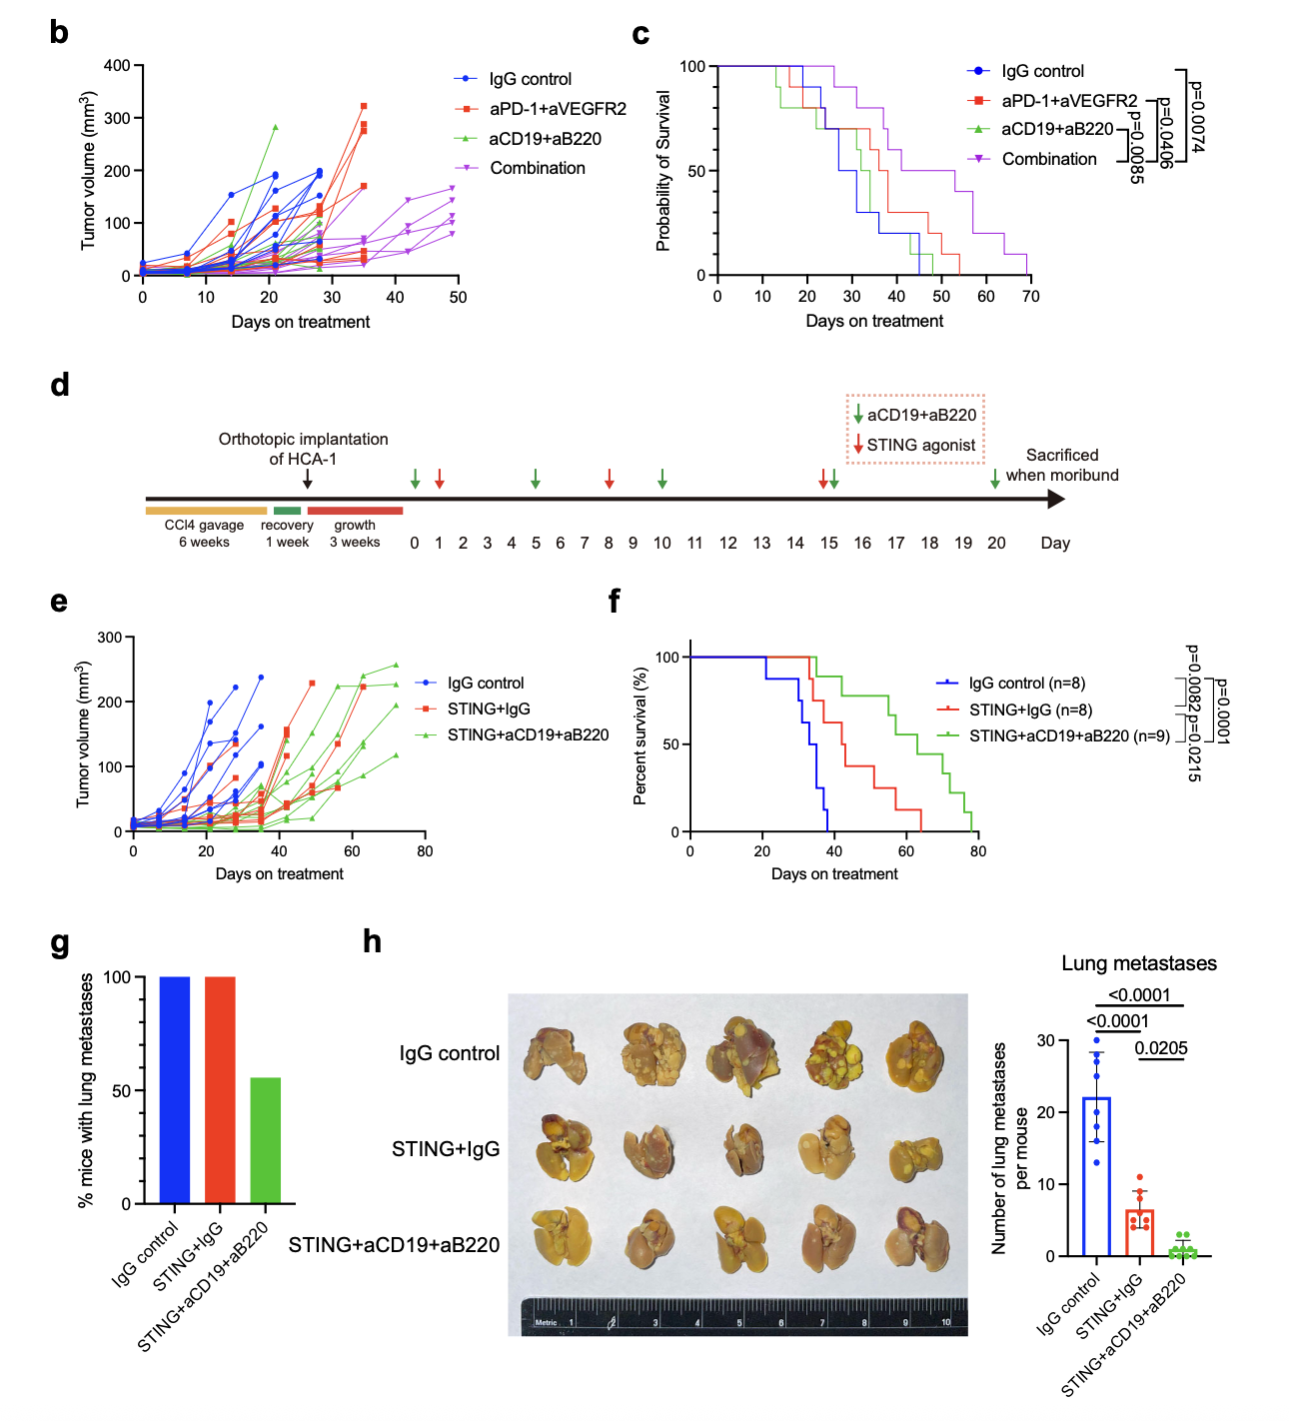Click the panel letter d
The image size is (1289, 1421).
pos(60,386)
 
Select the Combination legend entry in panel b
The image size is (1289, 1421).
pos(537,168)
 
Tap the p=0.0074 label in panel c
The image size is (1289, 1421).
pos(1197,117)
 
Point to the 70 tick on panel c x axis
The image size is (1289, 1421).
pos(1031,297)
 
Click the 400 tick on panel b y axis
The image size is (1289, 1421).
pos(117,66)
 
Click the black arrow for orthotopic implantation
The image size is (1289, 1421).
pos(308,479)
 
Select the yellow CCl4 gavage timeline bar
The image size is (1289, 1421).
pos(206,511)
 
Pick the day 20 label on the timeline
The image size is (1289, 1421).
pos(996,543)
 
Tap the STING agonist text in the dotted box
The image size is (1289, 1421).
pos(920,445)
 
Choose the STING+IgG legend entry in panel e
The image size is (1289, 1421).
pos(488,709)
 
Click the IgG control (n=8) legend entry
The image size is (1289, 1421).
pos(1026,684)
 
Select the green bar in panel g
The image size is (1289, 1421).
pos(266,1139)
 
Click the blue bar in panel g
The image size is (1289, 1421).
pos(175,1089)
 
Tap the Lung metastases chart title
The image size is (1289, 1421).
pos(1139,963)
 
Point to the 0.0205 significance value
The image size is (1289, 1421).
pos(1161,1048)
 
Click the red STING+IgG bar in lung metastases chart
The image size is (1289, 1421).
pos(1140,1232)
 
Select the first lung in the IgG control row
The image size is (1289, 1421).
pos(555,1055)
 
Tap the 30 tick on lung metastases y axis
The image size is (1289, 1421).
pos(1045,1040)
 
